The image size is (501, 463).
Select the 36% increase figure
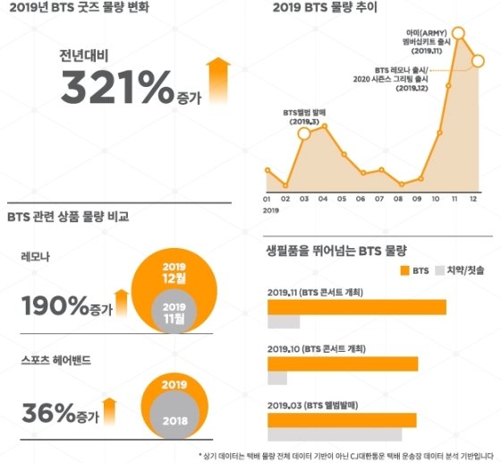(48, 413)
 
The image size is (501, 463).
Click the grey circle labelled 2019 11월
(174, 311)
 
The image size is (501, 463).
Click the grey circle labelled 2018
(174, 416)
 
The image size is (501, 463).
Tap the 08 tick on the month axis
(400, 198)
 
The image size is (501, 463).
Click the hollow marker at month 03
(304, 134)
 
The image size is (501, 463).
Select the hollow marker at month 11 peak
(460, 34)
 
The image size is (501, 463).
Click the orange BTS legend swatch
(395, 269)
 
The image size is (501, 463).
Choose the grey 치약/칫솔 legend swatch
(440, 269)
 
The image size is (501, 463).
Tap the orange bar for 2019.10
(343, 363)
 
